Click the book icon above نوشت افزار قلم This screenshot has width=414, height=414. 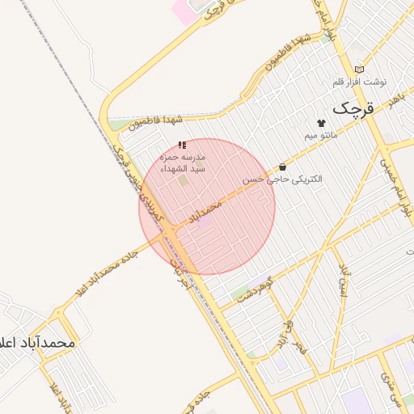359,70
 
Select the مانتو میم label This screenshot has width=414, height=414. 321,134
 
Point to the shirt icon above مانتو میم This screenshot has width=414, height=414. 321,122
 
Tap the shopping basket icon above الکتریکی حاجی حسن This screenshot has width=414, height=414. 281,167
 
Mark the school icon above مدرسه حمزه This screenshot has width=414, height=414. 182,144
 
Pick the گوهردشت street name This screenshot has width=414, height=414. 258,291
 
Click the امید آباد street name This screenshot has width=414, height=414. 344,279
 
